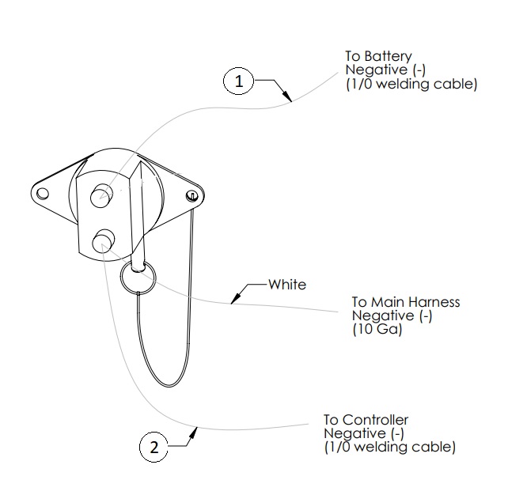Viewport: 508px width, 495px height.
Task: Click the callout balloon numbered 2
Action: pyautogui.click(x=154, y=447)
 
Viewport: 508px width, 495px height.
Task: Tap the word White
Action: pyautogui.click(x=286, y=284)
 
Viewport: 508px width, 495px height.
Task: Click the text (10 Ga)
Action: pyautogui.click(x=377, y=331)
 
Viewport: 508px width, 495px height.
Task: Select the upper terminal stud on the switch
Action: pyautogui.click(x=101, y=196)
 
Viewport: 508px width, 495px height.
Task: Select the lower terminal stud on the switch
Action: pyautogui.click(x=104, y=241)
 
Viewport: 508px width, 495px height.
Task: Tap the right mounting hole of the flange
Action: pyautogui.click(x=191, y=195)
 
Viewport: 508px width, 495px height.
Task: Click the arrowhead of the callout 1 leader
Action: pyautogui.click(x=290, y=100)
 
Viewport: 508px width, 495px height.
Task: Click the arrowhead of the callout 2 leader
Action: pyautogui.click(x=195, y=429)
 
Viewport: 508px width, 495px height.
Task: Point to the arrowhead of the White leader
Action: pyautogui.click(x=233, y=300)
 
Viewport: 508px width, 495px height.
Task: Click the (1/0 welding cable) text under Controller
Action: pyautogui.click(x=389, y=448)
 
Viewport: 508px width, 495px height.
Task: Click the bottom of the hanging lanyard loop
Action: pyautogui.click(x=168, y=386)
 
